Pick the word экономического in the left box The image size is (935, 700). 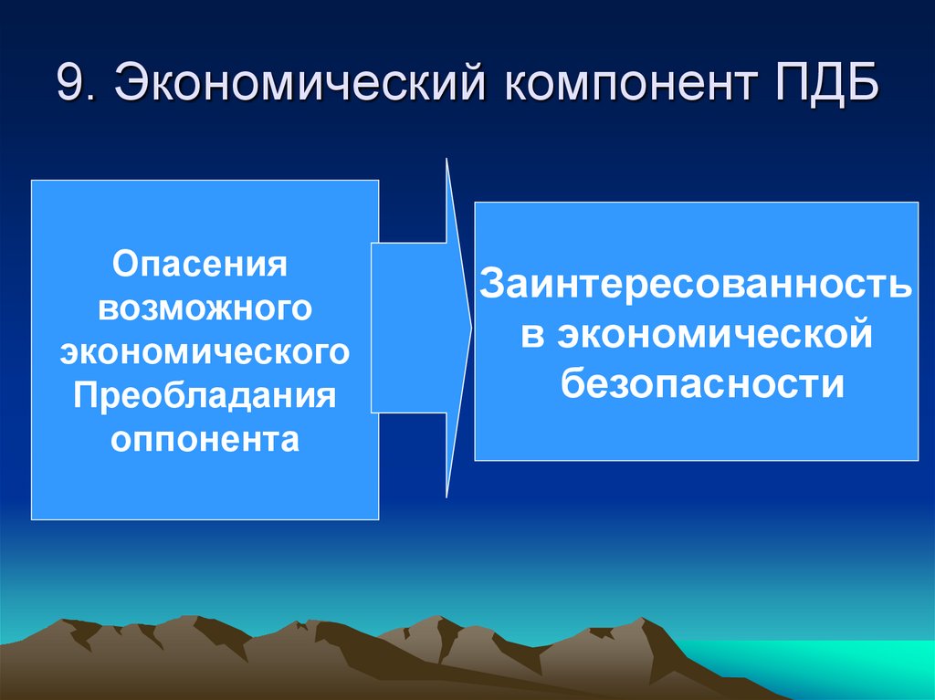pyautogui.click(x=205, y=351)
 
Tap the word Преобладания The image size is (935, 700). pyautogui.click(x=205, y=395)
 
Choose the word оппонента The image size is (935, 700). pyautogui.click(x=205, y=439)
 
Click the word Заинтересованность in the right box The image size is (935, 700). pyautogui.click(x=696, y=284)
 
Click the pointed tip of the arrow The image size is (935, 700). pyautogui.click(x=470, y=329)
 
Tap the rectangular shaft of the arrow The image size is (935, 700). pyautogui.click(x=408, y=329)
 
